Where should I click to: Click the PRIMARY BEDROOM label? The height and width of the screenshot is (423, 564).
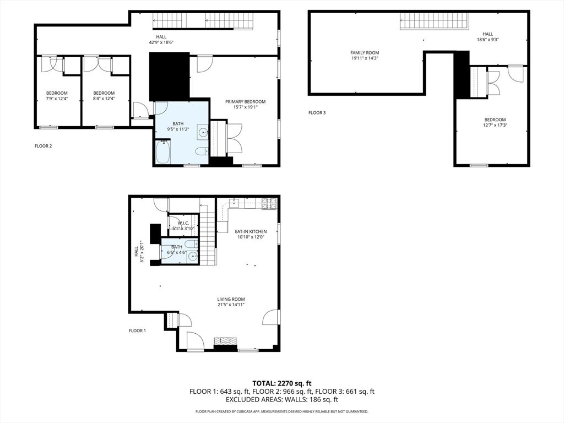point(245,101)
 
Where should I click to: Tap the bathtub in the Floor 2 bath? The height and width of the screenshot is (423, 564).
point(163,152)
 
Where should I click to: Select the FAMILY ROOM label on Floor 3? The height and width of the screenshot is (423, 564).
point(365,53)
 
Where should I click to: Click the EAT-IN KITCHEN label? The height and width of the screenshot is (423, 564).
point(251,232)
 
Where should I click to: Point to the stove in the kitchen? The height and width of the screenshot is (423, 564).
point(269,204)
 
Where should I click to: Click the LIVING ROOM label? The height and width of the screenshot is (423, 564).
point(231,299)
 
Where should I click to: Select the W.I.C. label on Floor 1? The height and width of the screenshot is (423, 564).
point(183,223)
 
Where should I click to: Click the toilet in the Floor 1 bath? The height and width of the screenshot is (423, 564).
point(189,245)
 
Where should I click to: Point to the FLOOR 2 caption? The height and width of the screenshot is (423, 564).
point(43,146)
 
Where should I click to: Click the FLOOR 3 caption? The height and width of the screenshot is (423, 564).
point(317,113)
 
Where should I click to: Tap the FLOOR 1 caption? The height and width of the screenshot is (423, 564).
point(137,330)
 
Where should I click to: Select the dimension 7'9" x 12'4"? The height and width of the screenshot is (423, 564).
point(57,99)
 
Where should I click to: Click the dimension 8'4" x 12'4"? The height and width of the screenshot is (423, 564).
point(104,99)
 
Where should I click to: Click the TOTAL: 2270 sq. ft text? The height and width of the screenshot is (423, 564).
point(282,383)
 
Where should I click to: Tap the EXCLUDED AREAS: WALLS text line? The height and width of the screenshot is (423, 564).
point(282,400)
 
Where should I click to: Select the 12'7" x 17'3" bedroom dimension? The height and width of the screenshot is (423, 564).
point(495,126)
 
